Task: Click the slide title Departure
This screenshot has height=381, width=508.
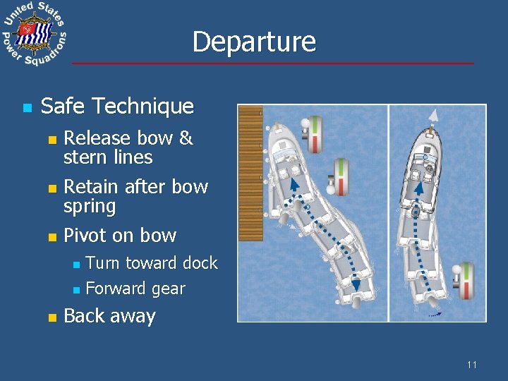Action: pos(253,42)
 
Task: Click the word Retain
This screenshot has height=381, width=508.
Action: pos(91,186)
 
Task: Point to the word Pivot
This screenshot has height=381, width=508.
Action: pos(84,235)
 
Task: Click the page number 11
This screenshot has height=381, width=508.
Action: pos(471,365)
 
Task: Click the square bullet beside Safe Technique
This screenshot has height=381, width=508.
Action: pos(26,108)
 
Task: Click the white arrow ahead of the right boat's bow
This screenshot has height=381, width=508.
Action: pos(435,116)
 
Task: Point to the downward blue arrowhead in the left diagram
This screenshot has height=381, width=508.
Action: pos(356,284)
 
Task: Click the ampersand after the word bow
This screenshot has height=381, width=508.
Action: pos(186,138)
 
